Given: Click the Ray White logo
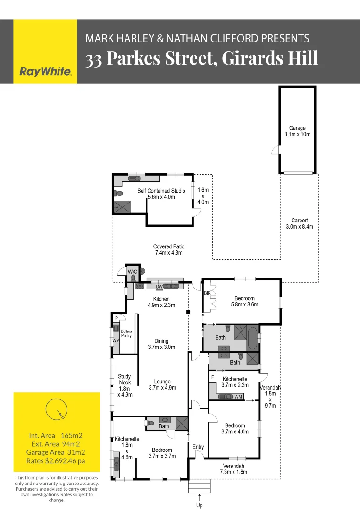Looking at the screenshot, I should click(x=45, y=72).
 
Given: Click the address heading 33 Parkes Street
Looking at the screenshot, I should click(x=201, y=58).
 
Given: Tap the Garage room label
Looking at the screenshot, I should click(x=297, y=131).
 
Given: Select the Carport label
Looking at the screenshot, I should click(x=299, y=223).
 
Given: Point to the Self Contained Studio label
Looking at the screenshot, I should click(x=161, y=194).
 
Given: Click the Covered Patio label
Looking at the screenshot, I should click(x=168, y=249).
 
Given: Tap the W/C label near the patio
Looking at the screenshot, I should click(x=133, y=271).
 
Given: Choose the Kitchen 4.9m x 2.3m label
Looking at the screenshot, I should click(x=161, y=302).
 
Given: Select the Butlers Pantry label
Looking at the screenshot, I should click(x=126, y=333).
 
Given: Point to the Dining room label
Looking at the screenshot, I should click(x=161, y=344).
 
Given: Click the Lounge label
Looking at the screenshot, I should click(x=162, y=384).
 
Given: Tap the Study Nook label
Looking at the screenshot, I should click(x=125, y=379).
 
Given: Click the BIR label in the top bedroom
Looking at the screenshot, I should click(x=207, y=293).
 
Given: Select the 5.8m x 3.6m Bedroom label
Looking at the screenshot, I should click(x=244, y=301).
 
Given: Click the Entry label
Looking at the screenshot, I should click(x=198, y=447).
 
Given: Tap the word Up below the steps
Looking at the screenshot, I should click(x=200, y=505).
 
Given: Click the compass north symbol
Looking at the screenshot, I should click(x=56, y=409).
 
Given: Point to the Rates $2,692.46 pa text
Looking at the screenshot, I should click(x=56, y=460).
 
